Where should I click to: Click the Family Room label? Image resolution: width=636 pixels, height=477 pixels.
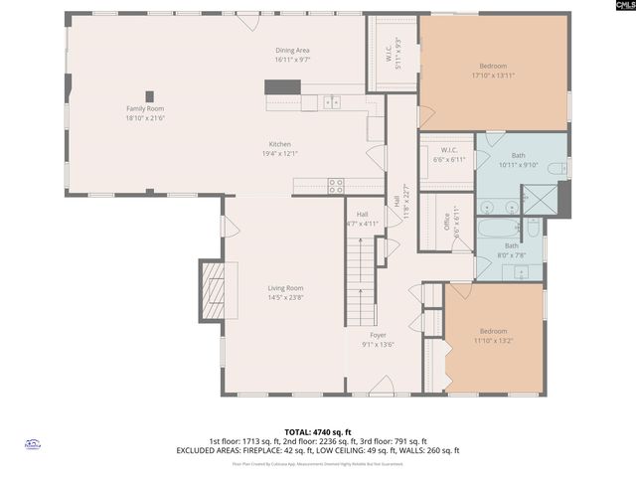pos(144,108)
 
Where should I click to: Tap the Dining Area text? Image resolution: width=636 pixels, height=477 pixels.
pos(292,50)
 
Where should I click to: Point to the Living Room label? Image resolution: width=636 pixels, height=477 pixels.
pos(284,288)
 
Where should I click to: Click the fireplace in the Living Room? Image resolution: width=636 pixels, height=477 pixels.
pos(214,289)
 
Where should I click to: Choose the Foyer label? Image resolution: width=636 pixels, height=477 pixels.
pos(378,335)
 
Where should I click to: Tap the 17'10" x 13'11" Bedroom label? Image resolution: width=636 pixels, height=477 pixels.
pos(493,69)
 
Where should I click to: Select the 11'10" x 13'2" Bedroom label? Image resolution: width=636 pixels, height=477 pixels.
pos(493,332)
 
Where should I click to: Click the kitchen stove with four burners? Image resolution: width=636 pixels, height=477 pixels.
pos(336,184)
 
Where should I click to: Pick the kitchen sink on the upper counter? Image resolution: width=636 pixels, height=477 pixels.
pos(332,100)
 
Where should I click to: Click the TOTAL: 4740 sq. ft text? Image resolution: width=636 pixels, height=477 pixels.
pos(317,432)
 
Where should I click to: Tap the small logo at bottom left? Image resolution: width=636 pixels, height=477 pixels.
pos(32,445)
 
